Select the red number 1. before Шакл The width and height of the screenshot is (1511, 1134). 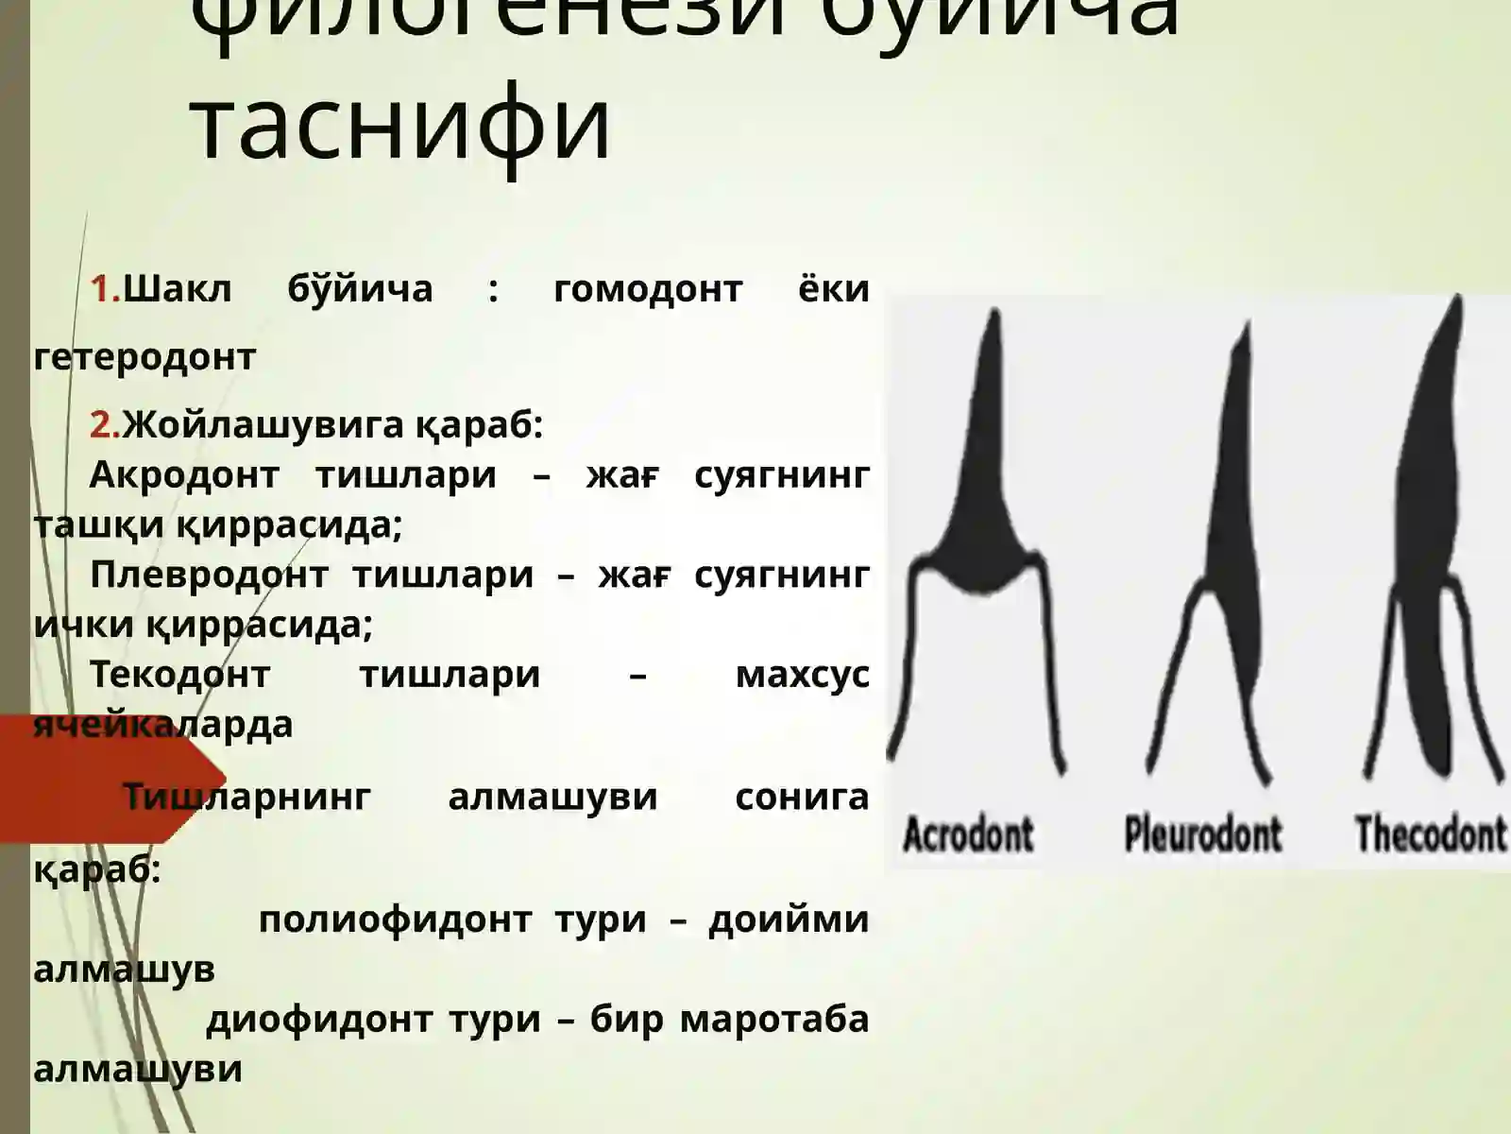[105, 289]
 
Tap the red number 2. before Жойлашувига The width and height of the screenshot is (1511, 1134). [105, 425]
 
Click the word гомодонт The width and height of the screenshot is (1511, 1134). [648, 289]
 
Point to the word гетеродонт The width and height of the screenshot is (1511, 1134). [144, 357]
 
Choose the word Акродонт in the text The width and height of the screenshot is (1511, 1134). [184, 474]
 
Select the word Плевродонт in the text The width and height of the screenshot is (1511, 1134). [208, 575]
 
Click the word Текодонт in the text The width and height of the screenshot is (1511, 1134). [179, 675]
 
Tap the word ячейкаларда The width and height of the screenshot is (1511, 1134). [162, 725]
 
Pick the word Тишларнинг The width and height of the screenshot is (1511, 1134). [247, 797]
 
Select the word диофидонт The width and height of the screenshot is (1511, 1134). [319, 1019]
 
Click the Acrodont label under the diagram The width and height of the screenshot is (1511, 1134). [968, 834]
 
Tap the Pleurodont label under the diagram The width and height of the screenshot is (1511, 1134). [1202, 834]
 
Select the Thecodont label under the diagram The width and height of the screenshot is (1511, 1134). [1430, 834]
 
